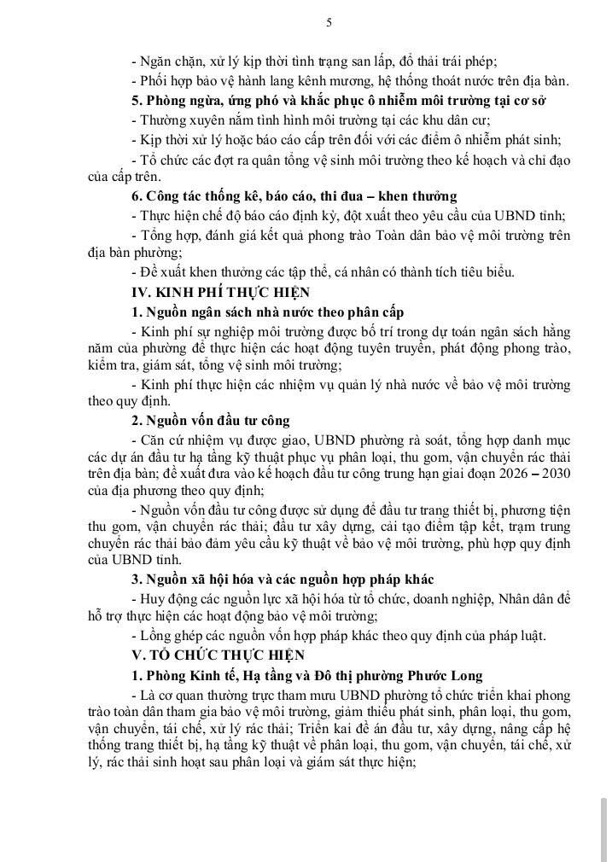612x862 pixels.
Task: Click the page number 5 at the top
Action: [329, 23]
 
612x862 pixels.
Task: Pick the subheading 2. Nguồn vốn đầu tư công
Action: [211, 420]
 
